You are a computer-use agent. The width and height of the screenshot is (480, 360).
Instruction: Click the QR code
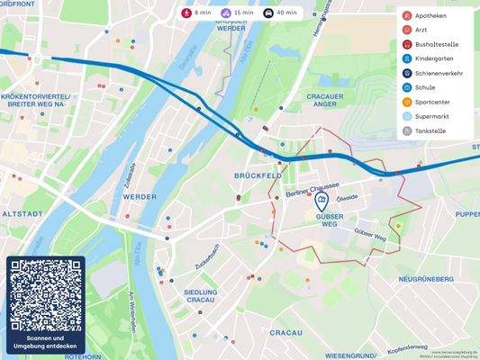point(45,294)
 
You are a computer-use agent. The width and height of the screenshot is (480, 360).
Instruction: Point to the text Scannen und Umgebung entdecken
point(45,342)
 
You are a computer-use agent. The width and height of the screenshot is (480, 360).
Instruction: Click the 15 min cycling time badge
point(236,13)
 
